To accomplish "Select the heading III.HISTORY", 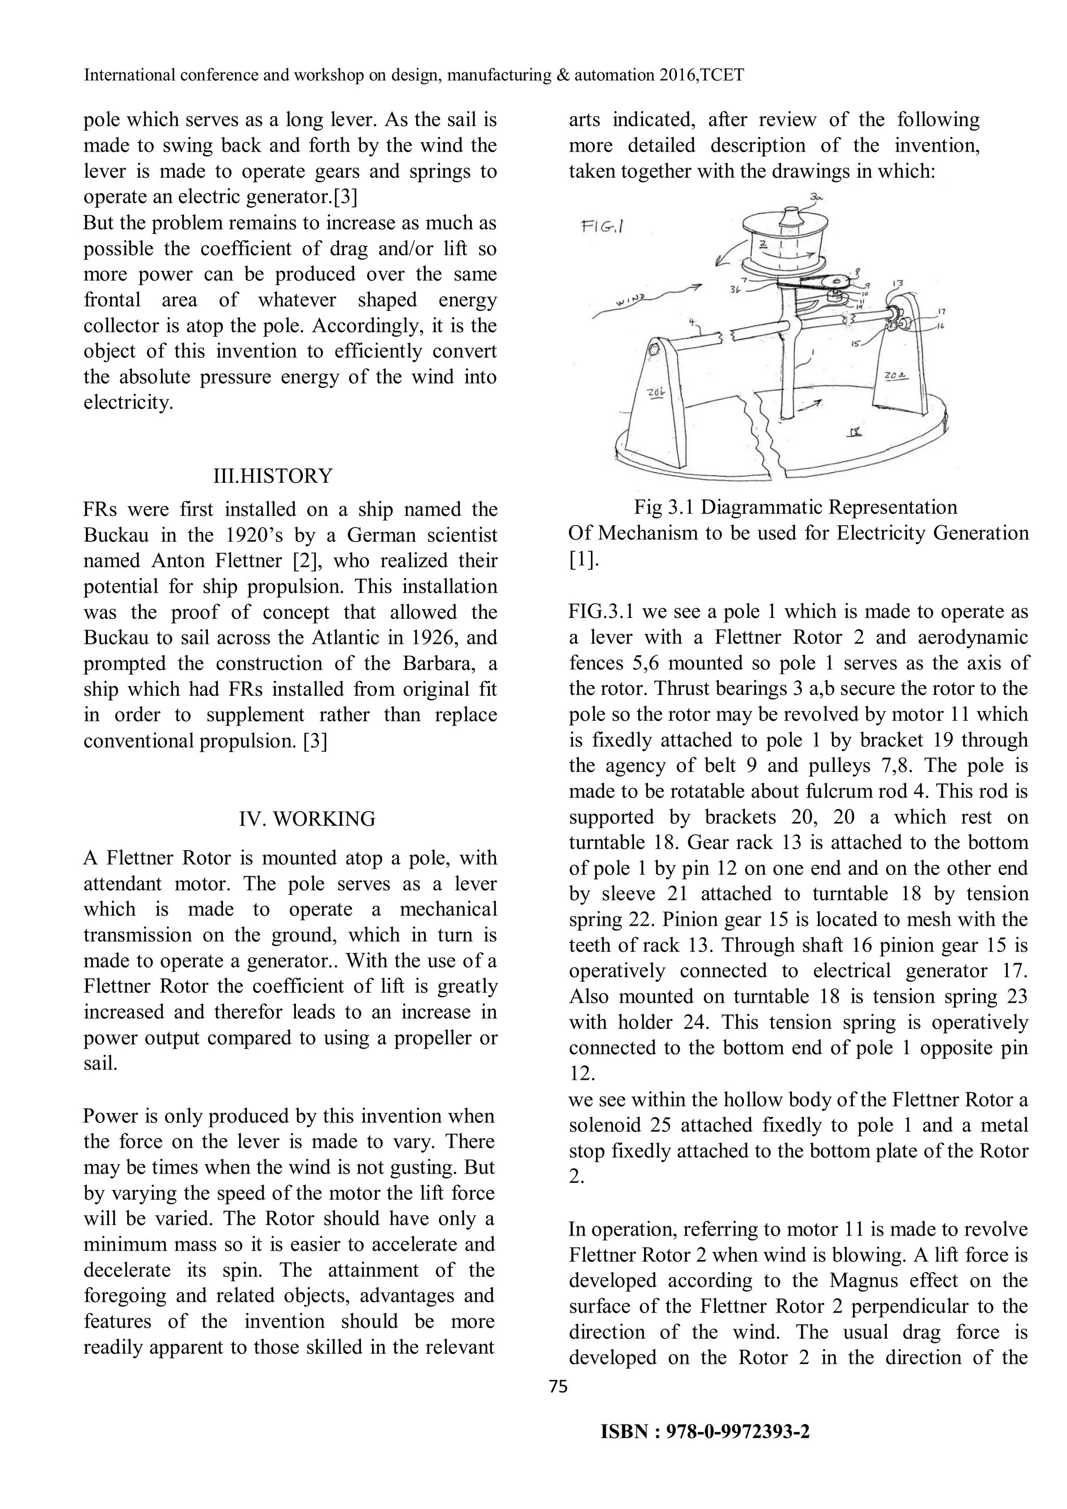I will click(x=273, y=476).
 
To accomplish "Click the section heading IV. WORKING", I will click(x=307, y=819).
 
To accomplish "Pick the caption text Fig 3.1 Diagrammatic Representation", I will click(x=796, y=507).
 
